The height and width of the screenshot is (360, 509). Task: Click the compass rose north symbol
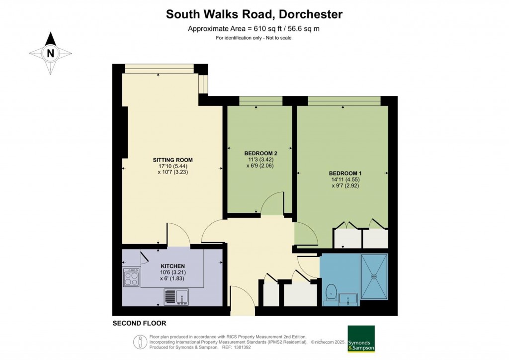pyautogui.click(x=51, y=53)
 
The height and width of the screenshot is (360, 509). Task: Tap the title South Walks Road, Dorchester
pyautogui.click(x=254, y=14)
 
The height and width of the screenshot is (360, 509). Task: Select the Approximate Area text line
pyautogui.click(x=254, y=29)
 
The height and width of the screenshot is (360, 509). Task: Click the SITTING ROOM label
pyautogui.click(x=172, y=160)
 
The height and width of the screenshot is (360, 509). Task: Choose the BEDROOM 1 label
pyautogui.click(x=345, y=173)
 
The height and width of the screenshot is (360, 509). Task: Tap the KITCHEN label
pyautogui.click(x=172, y=267)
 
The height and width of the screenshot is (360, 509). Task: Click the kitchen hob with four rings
pyautogui.click(x=132, y=277)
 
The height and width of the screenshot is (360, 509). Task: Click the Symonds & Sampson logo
pyautogui.click(x=361, y=339)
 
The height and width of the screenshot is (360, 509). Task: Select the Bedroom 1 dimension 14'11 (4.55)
pyautogui.click(x=345, y=180)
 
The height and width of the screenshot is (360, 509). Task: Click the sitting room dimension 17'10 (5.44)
pyautogui.click(x=172, y=166)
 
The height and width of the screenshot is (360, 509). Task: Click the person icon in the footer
pyautogui.click(x=141, y=342)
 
